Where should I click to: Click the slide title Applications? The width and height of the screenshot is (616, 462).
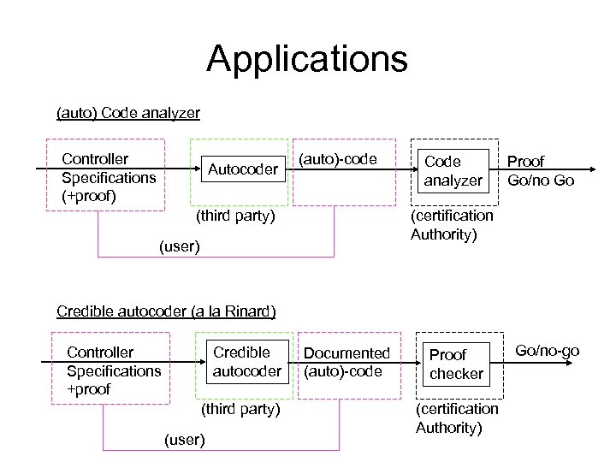[x=307, y=59]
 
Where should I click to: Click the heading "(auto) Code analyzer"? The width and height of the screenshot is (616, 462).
[x=127, y=113]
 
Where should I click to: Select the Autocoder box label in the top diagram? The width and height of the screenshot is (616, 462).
[x=243, y=169]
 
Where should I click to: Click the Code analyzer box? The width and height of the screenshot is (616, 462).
[x=453, y=171]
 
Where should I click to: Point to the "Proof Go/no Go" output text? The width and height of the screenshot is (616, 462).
[x=540, y=171]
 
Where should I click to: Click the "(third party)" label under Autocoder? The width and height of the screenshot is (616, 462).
[x=235, y=216]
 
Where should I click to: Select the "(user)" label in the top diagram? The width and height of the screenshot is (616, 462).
[x=180, y=247]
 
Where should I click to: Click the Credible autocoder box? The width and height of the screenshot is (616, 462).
[x=247, y=362]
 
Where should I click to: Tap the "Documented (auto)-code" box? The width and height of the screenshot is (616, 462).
[x=346, y=362]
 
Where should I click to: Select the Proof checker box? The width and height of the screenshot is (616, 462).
[x=456, y=364]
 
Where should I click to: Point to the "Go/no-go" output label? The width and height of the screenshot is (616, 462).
[x=548, y=351]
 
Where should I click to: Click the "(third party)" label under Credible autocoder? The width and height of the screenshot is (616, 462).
[x=240, y=410]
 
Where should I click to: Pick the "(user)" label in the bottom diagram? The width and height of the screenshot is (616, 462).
[x=184, y=440]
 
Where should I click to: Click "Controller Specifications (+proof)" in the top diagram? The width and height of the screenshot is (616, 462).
[x=109, y=177]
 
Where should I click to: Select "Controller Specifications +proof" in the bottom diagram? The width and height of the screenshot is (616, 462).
[x=114, y=370]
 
